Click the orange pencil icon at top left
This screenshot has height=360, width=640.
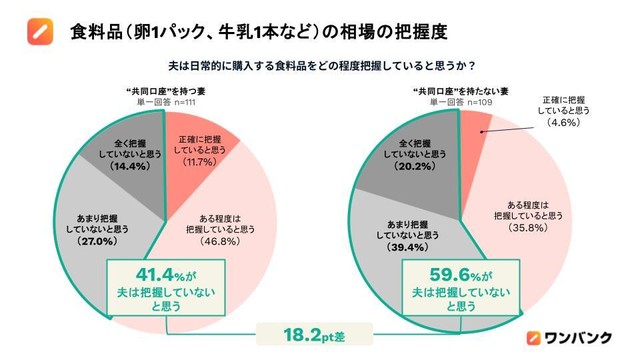[x=39, y=32]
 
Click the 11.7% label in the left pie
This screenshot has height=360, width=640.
[x=201, y=161]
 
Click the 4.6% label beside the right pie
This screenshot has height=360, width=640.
[x=565, y=123]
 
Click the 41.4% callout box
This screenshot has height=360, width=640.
[x=163, y=286]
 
